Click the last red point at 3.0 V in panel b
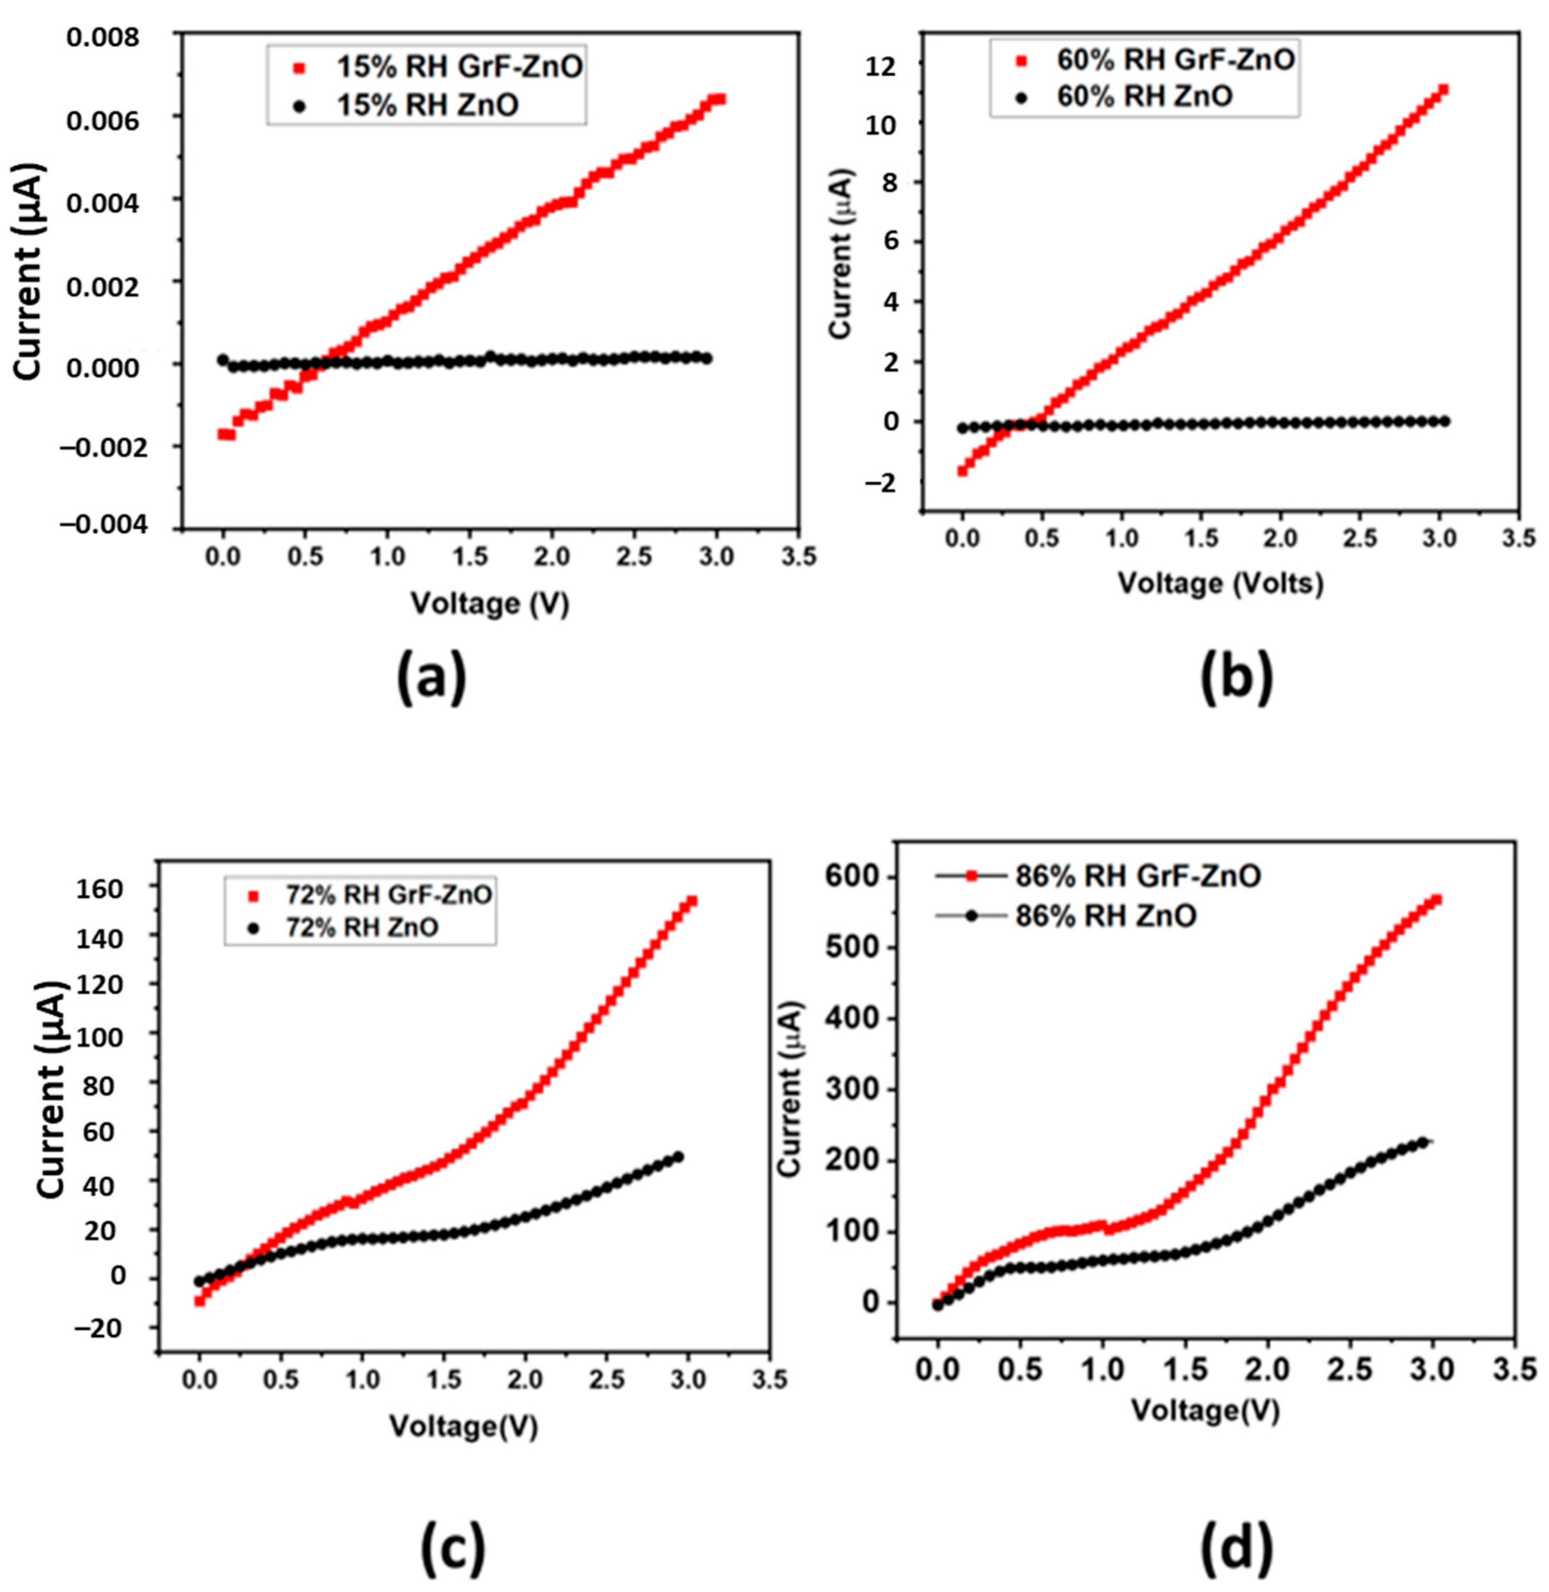coord(1443,89)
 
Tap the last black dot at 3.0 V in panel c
coord(677,1157)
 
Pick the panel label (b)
coord(1236,681)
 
